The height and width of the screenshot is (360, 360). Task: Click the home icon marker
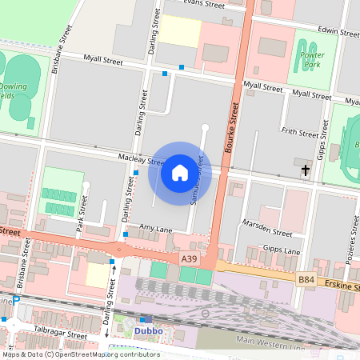180,173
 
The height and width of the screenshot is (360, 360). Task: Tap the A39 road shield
189,259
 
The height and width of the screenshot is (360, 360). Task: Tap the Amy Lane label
155,228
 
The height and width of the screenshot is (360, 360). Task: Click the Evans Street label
202,4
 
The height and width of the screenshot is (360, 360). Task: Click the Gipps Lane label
282,250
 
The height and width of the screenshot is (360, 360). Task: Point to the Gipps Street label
323,140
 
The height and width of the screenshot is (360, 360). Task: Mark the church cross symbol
305,169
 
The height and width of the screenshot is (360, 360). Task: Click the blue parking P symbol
16,300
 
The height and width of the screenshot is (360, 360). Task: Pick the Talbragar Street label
54,335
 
